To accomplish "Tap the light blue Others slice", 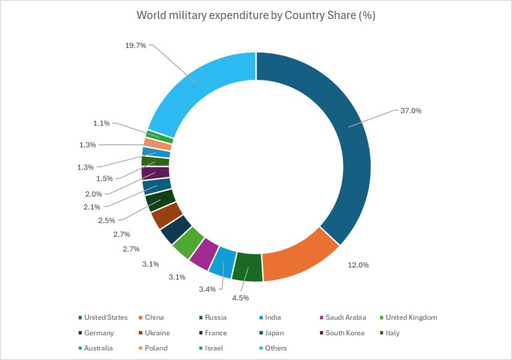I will click(197, 92).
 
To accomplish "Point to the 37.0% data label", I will click(411, 111).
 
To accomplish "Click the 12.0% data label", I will click(358, 265).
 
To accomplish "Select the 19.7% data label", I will click(135, 45).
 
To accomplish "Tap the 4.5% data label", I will click(240, 298).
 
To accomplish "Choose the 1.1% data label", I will click(102, 123).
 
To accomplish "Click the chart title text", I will click(256, 15).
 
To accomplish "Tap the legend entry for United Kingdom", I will click(411, 317).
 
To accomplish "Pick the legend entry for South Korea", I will click(344, 333).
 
